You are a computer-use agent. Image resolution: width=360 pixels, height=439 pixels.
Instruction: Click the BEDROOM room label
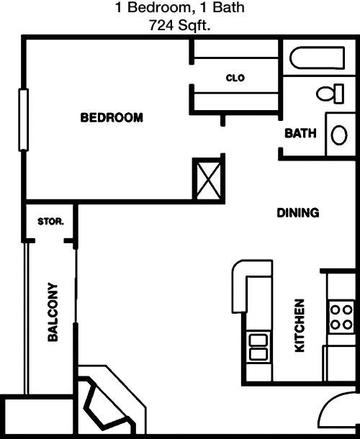tap(112, 117)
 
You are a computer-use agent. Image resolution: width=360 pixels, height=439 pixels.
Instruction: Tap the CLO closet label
tap(235, 78)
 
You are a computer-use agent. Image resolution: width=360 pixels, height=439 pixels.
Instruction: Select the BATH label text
tap(300, 133)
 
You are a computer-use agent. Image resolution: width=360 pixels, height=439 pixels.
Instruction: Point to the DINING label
tap(298, 213)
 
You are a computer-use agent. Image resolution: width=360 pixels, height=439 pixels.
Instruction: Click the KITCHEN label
tap(300, 325)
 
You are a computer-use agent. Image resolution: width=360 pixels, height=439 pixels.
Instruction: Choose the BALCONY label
tap(53, 312)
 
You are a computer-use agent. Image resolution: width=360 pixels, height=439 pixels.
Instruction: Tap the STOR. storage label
tap(50, 222)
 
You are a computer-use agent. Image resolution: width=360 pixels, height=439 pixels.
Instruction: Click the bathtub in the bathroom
tap(317, 58)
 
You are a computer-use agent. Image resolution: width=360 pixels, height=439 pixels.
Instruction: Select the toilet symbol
tap(330, 94)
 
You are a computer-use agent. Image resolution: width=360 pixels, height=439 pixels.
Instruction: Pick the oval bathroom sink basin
tap(339, 135)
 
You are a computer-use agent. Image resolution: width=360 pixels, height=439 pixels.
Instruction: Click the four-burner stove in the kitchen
tap(341, 317)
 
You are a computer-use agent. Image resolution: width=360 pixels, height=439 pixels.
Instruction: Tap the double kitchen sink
tap(258, 347)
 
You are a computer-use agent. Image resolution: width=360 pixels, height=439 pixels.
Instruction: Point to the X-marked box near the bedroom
tap(209, 178)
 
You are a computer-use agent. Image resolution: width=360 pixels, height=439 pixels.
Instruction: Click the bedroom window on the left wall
tap(24, 120)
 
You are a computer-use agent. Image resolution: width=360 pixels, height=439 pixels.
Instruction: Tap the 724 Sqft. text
tap(179, 25)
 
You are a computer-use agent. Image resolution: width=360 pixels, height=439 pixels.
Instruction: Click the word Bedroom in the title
tap(159, 7)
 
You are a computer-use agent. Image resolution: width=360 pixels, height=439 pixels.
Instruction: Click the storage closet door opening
tap(49, 240)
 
